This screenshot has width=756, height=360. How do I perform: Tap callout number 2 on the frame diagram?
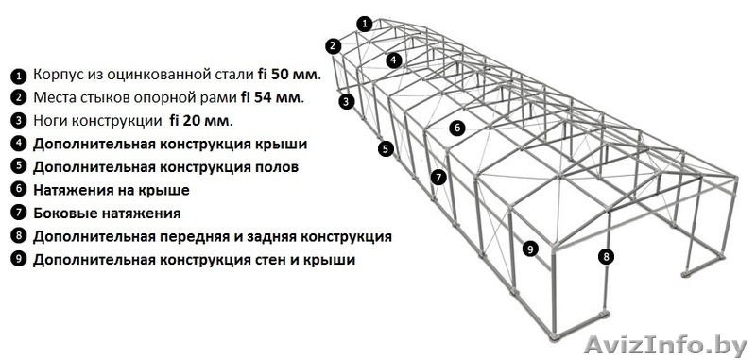(333, 44)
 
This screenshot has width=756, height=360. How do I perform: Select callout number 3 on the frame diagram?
(347, 101)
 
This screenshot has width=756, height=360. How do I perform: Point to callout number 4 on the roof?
(393, 59)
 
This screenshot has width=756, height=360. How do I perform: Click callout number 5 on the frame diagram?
(386, 148)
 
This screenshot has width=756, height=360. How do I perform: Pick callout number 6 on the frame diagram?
(456, 127)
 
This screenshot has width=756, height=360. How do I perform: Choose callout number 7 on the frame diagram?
(438, 177)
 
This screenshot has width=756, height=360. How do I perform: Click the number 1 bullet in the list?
(17, 76)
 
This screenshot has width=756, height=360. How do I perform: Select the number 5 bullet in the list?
(17, 167)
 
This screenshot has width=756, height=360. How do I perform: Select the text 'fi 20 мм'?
(199, 121)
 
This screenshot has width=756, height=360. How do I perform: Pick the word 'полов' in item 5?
(278, 167)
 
